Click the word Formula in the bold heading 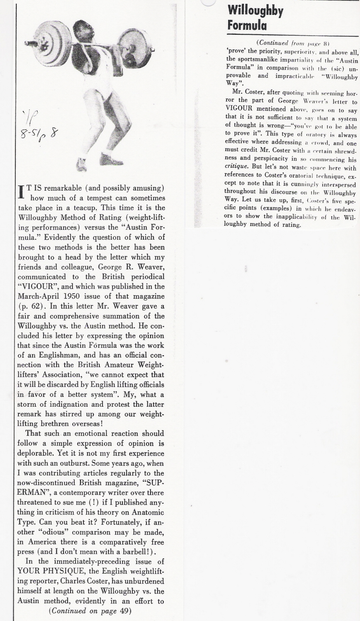[247, 26]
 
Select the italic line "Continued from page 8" [292, 43]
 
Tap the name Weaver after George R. [139, 267]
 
